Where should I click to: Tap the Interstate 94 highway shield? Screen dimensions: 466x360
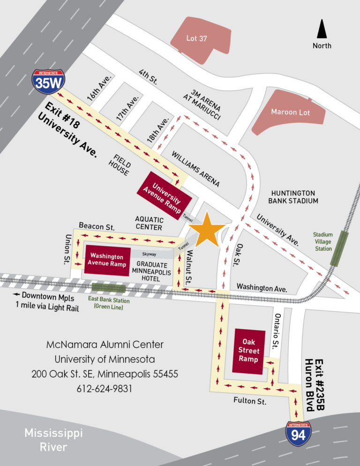tap(299, 434)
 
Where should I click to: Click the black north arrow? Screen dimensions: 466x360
tap(322, 30)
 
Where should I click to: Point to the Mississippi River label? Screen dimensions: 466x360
tap(47, 440)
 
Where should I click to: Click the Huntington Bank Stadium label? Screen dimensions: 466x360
tap(293, 197)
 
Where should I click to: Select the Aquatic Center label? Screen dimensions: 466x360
tap(149, 223)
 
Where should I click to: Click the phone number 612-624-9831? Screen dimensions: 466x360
tap(105, 389)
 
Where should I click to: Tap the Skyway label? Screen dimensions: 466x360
tap(149, 254)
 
